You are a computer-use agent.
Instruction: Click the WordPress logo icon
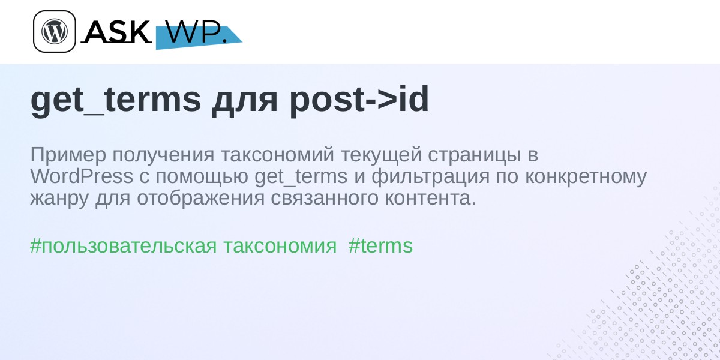[x=55, y=31]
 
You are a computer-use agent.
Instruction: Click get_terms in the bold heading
[x=116, y=100]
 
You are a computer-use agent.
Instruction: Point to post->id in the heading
[x=359, y=100]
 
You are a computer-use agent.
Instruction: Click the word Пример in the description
[x=68, y=155]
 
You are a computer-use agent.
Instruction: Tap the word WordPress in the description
[x=82, y=176]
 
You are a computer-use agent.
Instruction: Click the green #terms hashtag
[x=380, y=246]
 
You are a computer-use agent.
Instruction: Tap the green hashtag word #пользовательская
[x=124, y=247]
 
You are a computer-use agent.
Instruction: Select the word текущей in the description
[x=381, y=155]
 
